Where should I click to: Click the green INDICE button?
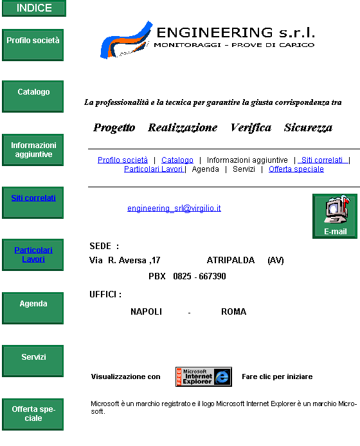pyautogui.click(x=34, y=8)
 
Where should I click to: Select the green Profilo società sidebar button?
pyautogui.click(x=33, y=45)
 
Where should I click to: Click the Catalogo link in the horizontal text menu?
pyautogui.click(x=177, y=160)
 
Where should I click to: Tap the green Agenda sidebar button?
pyautogui.click(x=33, y=308)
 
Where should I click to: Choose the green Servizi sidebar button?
pyautogui.click(x=33, y=361)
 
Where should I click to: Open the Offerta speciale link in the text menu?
pyautogui.click(x=296, y=169)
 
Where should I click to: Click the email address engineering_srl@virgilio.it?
pyautogui.click(x=174, y=209)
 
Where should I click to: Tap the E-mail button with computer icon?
pyautogui.click(x=335, y=216)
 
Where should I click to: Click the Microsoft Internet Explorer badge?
pyautogui.click(x=204, y=376)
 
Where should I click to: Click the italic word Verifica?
pyautogui.click(x=251, y=127)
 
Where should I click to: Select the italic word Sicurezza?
pyautogui.click(x=308, y=127)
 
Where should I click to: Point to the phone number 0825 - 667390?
pyautogui.click(x=199, y=277)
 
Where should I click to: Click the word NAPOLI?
pyautogui.click(x=146, y=311)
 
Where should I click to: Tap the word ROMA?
pyautogui.click(x=233, y=311)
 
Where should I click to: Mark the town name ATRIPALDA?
pyautogui.click(x=230, y=260)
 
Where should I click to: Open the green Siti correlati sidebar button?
pyautogui.click(x=33, y=203)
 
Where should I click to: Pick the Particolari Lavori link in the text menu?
pyautogui.click(x=154, y=169)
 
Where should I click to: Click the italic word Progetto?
pyautogui.click(x=114, y=128)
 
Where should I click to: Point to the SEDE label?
pyautogui.click(x=100, y=246)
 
